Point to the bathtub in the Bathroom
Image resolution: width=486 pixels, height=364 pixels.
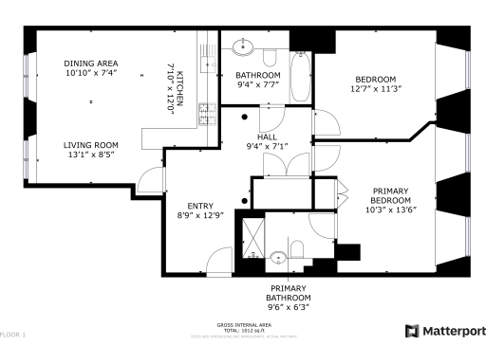pos(300,77)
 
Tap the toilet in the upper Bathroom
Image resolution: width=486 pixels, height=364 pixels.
pos(271,55)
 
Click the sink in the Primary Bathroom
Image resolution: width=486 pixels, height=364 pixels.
pos(278,257)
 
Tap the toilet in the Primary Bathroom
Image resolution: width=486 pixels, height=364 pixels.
pos(297,249)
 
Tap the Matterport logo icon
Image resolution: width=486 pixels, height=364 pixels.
pos(412,331)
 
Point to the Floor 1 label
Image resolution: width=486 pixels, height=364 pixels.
pos(13,335)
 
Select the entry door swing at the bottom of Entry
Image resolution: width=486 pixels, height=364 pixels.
pos(218,260)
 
